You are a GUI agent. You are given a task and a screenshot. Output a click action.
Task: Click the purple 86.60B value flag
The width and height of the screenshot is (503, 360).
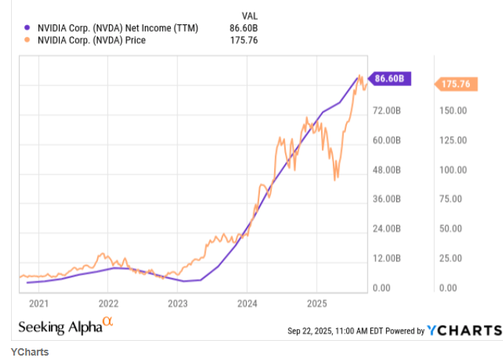391,78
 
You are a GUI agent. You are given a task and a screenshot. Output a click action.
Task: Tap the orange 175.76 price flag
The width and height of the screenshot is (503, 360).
457,85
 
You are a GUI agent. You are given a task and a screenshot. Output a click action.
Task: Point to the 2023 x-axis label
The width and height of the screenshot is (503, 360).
177,303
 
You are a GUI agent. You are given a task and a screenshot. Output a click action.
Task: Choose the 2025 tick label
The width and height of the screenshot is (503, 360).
316,303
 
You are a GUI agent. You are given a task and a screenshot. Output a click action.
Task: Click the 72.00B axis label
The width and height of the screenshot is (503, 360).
386,110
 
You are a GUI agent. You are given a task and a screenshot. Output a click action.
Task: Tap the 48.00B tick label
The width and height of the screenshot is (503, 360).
386,169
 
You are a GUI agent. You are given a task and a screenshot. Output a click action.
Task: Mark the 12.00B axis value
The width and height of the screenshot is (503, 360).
386,258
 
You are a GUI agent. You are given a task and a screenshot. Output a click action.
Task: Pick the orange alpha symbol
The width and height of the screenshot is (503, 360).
108,322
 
